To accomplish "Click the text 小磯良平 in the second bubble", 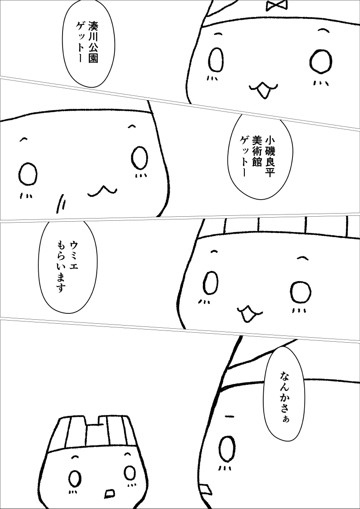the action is click(x=270, y=156).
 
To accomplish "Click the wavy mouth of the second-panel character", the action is click(x=102, y=191).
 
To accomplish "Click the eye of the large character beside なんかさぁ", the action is click(x=227, y=449).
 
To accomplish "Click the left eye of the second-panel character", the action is click(x=28, y=174).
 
